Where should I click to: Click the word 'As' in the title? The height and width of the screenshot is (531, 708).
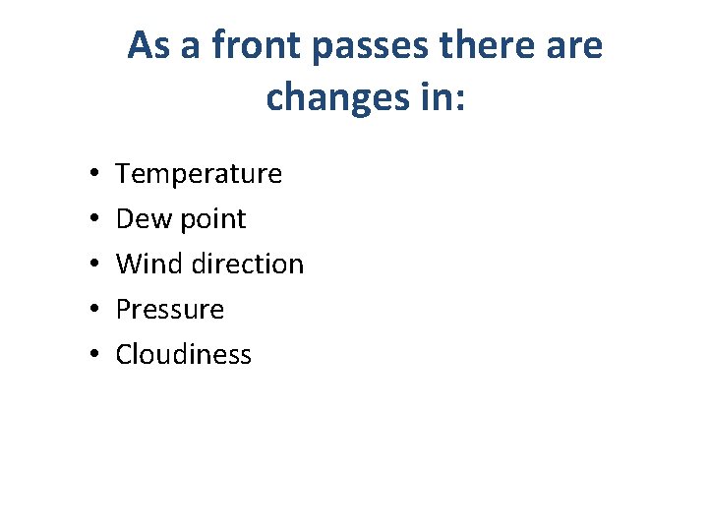(x=148, y=45)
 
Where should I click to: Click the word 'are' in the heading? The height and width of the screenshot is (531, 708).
(x=574, y=46)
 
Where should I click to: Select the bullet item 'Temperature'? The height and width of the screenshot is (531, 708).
(x=199, y=174)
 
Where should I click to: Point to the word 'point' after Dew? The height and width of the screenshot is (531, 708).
(x=212, y=220)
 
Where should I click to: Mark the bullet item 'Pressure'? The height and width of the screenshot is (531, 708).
(x=170, y=310)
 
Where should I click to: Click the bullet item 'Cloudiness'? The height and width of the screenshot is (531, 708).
(x=184, y=355)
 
